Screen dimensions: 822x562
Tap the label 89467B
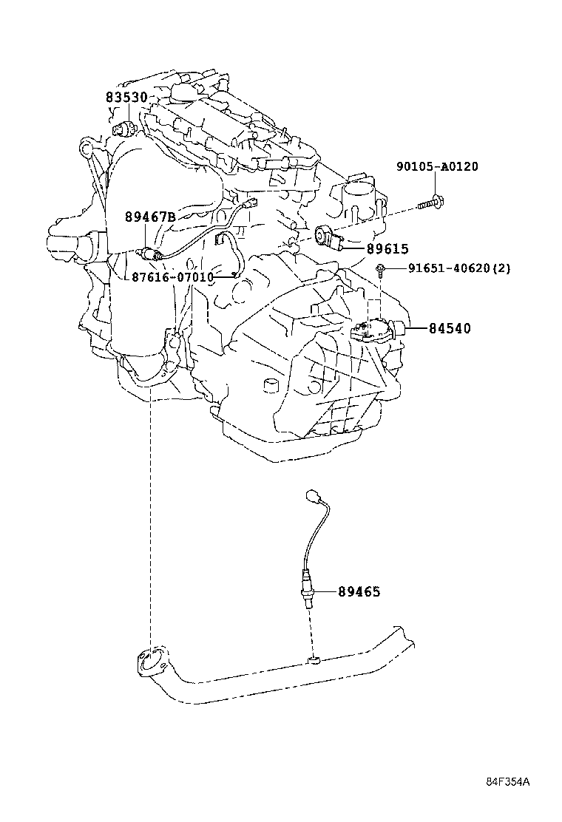coord(150,217)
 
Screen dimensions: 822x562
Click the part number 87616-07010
coord(172,277)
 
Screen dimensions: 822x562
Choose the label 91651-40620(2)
coord(458,269)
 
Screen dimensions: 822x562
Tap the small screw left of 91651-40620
coord(381,269)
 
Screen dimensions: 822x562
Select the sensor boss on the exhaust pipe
coord(314,660)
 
